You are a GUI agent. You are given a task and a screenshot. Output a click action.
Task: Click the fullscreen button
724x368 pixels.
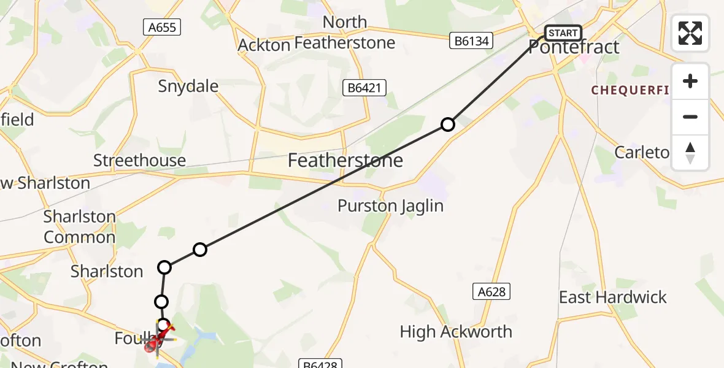point(690,33)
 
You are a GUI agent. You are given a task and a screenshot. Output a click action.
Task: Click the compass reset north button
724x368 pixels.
point(690,153)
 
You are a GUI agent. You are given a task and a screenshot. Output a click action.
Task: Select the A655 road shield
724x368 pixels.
point(162,27)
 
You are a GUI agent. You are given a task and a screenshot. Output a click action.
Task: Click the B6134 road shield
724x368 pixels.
point(472,41)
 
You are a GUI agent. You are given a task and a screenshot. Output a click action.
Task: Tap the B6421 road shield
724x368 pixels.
point(364,88)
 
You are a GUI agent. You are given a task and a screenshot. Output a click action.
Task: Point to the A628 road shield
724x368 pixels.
point(491,292)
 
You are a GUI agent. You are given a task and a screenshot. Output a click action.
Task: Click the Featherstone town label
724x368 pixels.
point(346,161)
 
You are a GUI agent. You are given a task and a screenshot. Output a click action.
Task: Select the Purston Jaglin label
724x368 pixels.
point(390,205)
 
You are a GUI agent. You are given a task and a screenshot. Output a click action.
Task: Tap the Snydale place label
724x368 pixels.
point(188,86)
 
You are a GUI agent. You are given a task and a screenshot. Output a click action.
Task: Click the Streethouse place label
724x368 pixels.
point(139,161)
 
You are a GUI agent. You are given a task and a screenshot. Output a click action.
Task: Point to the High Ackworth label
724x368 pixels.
point(456,332)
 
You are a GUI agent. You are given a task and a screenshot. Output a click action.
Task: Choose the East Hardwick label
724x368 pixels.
point(612,297)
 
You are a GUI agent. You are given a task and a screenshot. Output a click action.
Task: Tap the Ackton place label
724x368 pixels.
point(263,45)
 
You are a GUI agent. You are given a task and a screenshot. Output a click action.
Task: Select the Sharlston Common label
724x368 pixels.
point(79,227)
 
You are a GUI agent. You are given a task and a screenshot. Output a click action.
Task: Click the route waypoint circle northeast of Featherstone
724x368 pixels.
point(448,125)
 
